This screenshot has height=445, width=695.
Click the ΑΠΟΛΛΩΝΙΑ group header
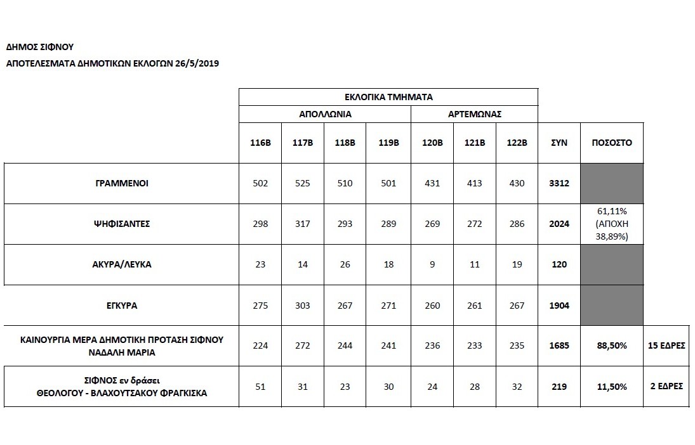tap(325, 115)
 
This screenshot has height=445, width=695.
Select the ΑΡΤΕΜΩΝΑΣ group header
tap(475, 115)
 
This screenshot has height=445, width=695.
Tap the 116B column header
tap(260, 143)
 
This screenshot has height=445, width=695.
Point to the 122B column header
tap(517, 143)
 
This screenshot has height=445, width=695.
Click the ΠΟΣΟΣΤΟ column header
tap(612, 143)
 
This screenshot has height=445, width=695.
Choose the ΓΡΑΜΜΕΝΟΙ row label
tap(122, 183)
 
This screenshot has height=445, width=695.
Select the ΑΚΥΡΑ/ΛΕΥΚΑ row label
tap(122, 264)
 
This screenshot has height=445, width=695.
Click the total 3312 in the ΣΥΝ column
tap(559, 183)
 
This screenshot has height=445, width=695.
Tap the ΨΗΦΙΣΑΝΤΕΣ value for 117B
tap(303, 224)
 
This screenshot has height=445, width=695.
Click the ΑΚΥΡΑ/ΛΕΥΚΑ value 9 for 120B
tap(432, 264)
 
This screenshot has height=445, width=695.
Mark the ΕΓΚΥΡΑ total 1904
tap(559, 305)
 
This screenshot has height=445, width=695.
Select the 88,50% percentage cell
tap(612, 345)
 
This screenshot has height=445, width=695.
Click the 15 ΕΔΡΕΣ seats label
tap(666, 345)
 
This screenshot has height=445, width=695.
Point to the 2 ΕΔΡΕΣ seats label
tap(666, 385)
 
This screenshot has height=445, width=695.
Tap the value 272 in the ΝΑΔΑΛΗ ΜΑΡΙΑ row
tap(303, 345)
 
